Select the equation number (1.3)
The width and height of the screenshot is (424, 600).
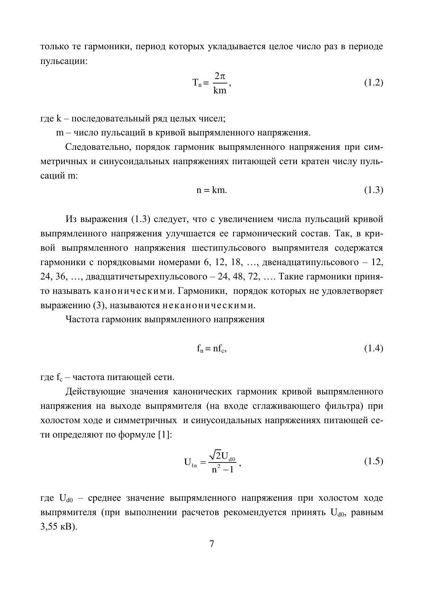click(373, 190)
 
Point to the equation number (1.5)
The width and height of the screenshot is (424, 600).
click(373, 461)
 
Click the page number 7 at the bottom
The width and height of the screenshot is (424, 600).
click(212, 544)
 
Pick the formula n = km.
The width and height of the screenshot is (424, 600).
click(211, 190)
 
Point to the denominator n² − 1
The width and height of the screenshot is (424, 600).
click(222, 469)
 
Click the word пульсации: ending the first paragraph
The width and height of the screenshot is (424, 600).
click(64, 61)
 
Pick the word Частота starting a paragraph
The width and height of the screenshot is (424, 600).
click(82, 319)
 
